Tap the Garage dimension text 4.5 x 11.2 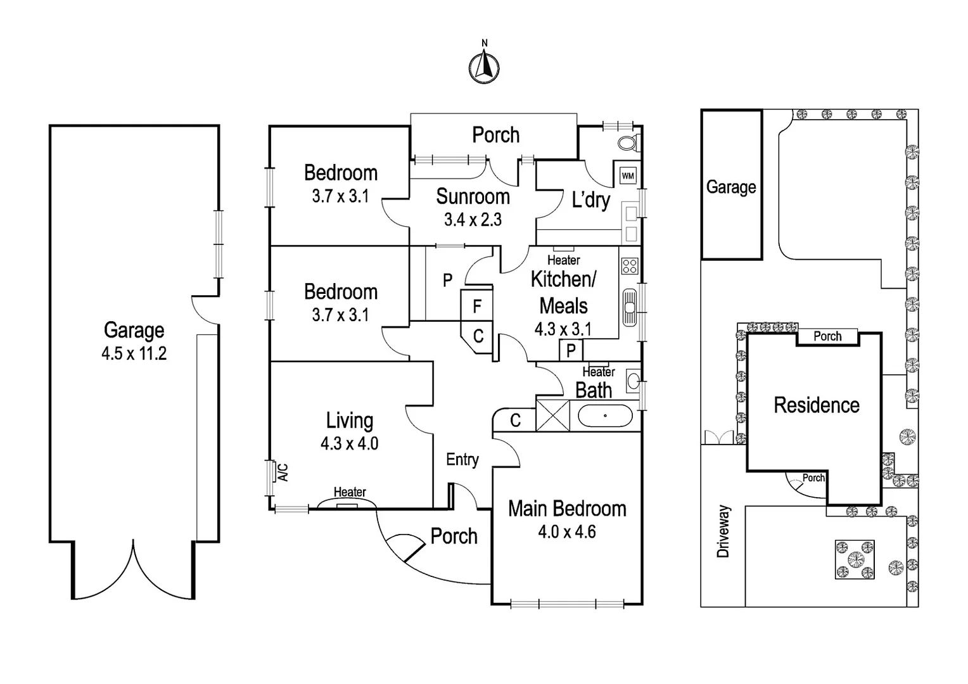click(x=134, y=353)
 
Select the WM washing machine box click(x=627, y=175)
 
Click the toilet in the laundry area click(x=627, y=143)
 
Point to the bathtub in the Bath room click(x=604, y=416)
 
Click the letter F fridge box click(x=477, y=307)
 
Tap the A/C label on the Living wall click(x=283, y=472)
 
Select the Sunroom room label click(x=473, y=197)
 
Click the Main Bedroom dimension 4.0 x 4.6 click(x=566, y=532)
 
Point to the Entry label click(x=462, y=460)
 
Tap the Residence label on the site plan click(x=816, y=405)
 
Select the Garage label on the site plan click(x=731, y=187)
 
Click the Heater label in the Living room click(x=350, y=492)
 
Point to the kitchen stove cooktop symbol click(x=630, y=266)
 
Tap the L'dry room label click(x=590, y=200)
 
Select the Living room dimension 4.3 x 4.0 click(x=349, y=443)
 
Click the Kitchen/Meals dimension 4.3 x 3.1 click(x=563, y=329)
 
